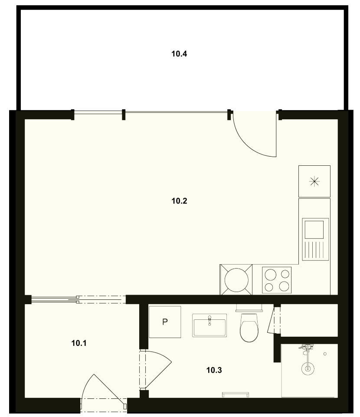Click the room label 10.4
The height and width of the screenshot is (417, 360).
(179, 54)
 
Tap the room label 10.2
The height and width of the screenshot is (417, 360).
(179, 201)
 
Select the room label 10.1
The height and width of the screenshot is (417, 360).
(79, 343)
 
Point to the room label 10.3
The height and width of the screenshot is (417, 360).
(214, 370)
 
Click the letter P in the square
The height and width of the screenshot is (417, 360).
(165, 322)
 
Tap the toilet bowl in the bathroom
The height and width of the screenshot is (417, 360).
(249, 328)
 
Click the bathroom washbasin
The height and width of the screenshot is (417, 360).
(209, 325)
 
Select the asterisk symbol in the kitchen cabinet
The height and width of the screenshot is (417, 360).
(314, 181)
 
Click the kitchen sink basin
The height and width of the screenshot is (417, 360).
(314, 230)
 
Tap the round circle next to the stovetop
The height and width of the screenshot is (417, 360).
(236, 280)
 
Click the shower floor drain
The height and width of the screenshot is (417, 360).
(308, 369)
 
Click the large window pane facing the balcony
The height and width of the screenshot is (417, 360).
(176, 112)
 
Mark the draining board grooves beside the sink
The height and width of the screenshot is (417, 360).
(315, 250)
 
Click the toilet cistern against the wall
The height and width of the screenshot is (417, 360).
(249, 308)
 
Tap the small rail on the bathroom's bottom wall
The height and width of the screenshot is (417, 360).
(236, 394)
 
